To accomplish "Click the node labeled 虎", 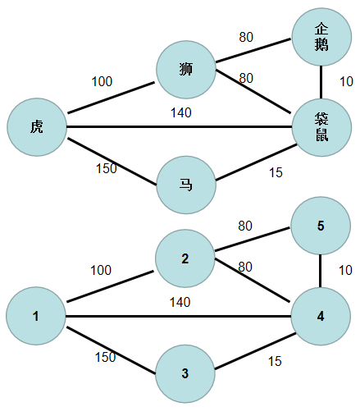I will pos(36,127).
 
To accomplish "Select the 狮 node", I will pos(185,66).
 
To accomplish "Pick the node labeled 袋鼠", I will pos(321,127).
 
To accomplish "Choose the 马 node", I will pos(185,184).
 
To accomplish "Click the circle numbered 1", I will pos(36,316).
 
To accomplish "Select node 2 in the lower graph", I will pos(185,258).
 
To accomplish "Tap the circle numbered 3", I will pos(185,373).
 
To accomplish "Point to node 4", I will pos(321,316).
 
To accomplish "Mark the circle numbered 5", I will pos(321,226).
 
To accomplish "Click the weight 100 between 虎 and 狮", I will pos(103,81).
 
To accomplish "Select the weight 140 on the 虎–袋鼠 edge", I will pos(180,112).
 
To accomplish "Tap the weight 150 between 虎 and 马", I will pos(106,168).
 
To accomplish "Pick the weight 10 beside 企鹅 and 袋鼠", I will pos(345,81).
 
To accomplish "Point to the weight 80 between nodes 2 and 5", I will pos(245,226).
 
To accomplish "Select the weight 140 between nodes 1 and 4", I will pos(180,302).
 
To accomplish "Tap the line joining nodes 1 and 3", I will pos(111,350).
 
